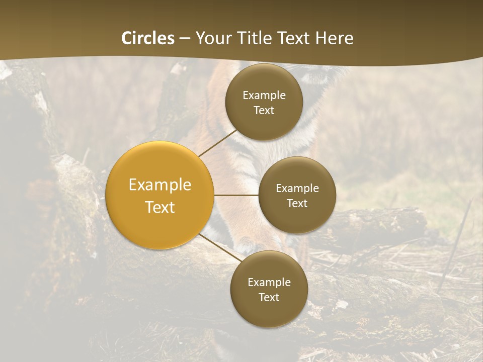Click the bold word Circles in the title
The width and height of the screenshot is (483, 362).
coord(148,38)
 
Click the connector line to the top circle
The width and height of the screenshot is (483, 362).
coord(217,143)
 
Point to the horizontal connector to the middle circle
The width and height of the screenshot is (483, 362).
coord(236,195)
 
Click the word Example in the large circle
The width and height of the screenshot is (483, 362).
coord(160,185)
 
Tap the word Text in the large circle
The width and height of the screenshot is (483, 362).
coord(160,207)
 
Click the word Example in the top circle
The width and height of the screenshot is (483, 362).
coord(264,96)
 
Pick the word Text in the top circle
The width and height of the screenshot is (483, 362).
coord(264,110)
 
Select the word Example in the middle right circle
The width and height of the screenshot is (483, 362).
coord(297,189)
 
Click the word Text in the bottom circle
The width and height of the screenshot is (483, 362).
coord(269,297)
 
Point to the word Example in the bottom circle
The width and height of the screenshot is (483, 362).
coord(269,283)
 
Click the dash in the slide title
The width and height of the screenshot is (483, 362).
coord(185,38)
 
